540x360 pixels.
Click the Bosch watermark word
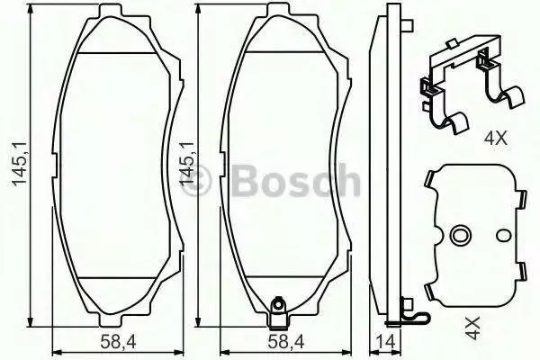[296, 180]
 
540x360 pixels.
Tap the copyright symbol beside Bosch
[195, 181]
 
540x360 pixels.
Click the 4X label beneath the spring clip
[496, 138]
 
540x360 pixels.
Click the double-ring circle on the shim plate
[459, 235]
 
